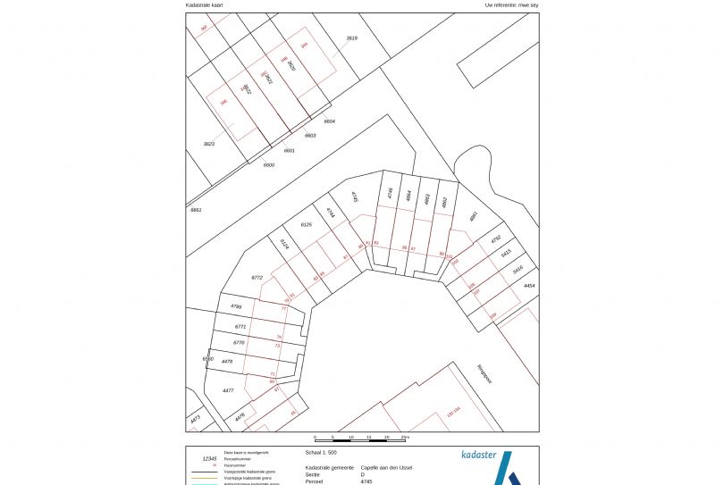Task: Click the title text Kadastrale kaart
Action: pyautogui.click(x=204, y=4)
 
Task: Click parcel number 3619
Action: pyautogui.click(x=351, y=38)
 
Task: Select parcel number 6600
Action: pyautogui.click(x=268, y=164)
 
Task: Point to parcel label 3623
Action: pyautogui.click(x=209, y=144)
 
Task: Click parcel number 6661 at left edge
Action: pyautogui.click(x=196, y=209)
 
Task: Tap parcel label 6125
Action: pyautogui.click(x=306, y=224)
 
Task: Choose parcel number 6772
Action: pyautogui.click(x=257, y=278)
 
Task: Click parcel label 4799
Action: pyautogui.click(x=236, y=306)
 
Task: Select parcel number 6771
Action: pyautogui.click(x=239, y=327)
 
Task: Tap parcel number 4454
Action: pyautogui.click(x=529, y=286)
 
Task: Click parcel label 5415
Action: pyautogui.click(x=506, y=253)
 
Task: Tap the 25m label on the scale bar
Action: pyautogui.click(x=405, y=438)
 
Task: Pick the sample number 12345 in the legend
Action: pyautogui.click(x=210, y=458)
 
